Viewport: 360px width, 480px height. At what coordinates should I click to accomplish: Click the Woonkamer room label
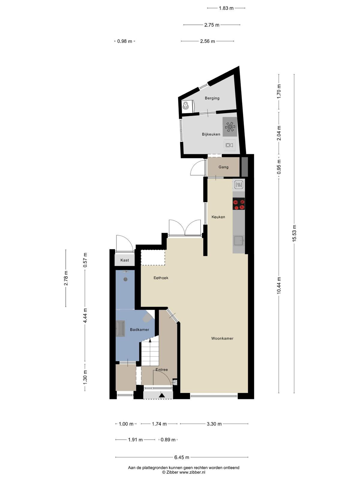[x=222, y=338]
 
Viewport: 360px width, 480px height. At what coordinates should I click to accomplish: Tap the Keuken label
[x=218, y=217]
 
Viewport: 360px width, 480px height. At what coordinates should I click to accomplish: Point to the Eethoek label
[x=161, y=278]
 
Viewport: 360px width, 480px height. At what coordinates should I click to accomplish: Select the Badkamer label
[x=139, y=329]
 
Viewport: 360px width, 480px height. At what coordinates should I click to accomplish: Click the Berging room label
[x=212, y=98]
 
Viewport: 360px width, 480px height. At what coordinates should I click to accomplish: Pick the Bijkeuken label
[x=211, y=134]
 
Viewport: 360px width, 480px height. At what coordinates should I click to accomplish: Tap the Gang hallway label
[x=223, y=167]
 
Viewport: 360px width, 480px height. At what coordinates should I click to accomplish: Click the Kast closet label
[x=124, y=260]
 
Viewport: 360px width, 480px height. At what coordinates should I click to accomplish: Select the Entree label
[x=161, y=370]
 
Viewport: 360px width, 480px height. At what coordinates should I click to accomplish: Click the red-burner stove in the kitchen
[x=238, y=204]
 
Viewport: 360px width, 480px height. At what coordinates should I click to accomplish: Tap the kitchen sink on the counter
[x=239, y=241]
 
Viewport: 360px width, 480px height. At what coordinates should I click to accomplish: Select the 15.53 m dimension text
[x=294, y=233]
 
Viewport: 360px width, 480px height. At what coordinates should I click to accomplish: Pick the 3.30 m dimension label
[x=214, y=424]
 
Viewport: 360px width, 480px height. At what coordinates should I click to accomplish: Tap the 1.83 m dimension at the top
[x=226, y=8]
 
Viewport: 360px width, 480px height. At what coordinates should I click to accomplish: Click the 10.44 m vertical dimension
[x=279, y=285]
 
